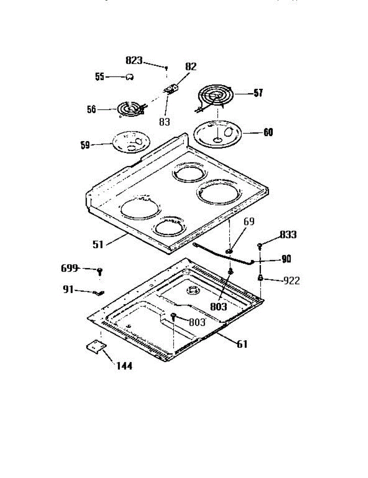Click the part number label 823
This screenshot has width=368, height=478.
tap(134, 61)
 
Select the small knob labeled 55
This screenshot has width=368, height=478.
tap(129, 77)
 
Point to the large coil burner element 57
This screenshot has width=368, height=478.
tap(215, 96)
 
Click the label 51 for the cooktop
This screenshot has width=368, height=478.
tap(98, 244)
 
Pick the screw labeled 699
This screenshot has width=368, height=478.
tap(100, 272)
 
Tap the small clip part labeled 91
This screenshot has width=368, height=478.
tap(98, 293)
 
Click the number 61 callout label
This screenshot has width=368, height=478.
tap(242, 344)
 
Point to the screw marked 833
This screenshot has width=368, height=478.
tap(260, 245)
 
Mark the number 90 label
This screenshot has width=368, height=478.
tap(286, 259)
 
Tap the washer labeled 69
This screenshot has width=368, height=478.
tap(229, 251)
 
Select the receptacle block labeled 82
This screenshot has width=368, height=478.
tap(172, 88)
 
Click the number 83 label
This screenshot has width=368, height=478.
tap(164, 122)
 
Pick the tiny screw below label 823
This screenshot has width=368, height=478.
tap(166, 69)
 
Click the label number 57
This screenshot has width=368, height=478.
tap(258, 94)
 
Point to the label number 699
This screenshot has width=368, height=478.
tap(70, 268)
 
